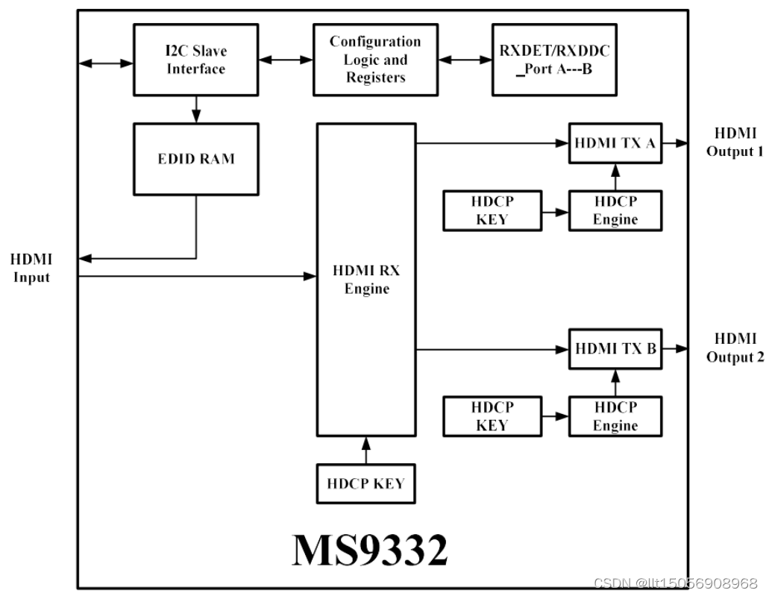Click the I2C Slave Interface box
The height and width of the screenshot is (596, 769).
click(195, 60)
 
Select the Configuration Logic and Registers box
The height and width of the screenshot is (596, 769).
click(375, 60)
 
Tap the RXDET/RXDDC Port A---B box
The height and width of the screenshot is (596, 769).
click(553, 60)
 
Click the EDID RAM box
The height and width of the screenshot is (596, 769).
click(195, 158)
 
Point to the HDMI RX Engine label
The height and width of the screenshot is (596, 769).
click(366, 280)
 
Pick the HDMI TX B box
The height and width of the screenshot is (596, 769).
click(615, 348)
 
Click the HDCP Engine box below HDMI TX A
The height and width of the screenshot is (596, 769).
click(615, 210)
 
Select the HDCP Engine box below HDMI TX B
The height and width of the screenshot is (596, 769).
click(615, 416)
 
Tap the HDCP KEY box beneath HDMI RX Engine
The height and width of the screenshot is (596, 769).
click(365, 483)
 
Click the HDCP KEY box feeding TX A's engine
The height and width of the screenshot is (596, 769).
click(492, 210)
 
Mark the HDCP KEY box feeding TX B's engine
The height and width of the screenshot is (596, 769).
click(492, 416)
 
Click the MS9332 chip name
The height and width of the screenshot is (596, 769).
click(370, 550)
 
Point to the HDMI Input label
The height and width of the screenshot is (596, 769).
click(31, 269)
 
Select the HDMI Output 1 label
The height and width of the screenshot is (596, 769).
click(734, 142)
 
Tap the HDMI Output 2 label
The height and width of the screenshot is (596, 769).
click(734, 348)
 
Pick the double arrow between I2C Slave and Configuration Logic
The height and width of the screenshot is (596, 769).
click(285, 59)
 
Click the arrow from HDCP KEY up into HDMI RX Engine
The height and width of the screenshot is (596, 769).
click(365, 450)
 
